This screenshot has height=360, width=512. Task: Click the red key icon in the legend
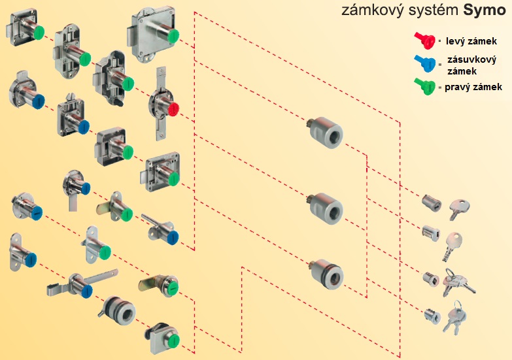424,41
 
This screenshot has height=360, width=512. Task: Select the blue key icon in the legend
424,63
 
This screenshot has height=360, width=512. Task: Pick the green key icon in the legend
424,86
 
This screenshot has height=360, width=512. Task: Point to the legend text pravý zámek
473,86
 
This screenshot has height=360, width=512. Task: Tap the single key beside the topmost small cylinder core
459,208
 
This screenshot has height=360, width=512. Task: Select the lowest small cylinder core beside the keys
433,317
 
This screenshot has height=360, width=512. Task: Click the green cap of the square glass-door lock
177,342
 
